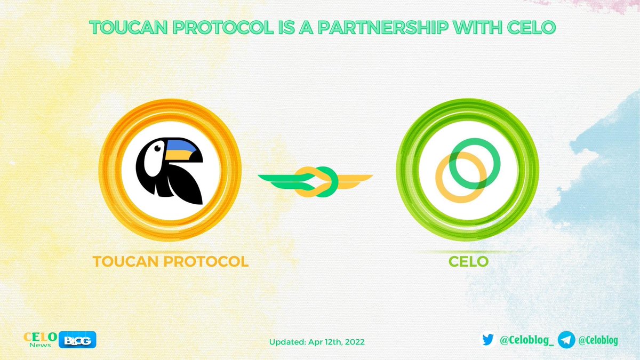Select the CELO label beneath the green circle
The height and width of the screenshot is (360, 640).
click(x=467, y=262)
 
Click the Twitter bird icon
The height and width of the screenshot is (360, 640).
click(x=487, y=340)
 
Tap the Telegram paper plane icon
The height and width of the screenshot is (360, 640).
click(x=566, y=339)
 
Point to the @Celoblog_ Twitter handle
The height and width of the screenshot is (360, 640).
click(x=525, y=340)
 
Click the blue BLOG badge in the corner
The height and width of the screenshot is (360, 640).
click(x=79, y=340)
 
